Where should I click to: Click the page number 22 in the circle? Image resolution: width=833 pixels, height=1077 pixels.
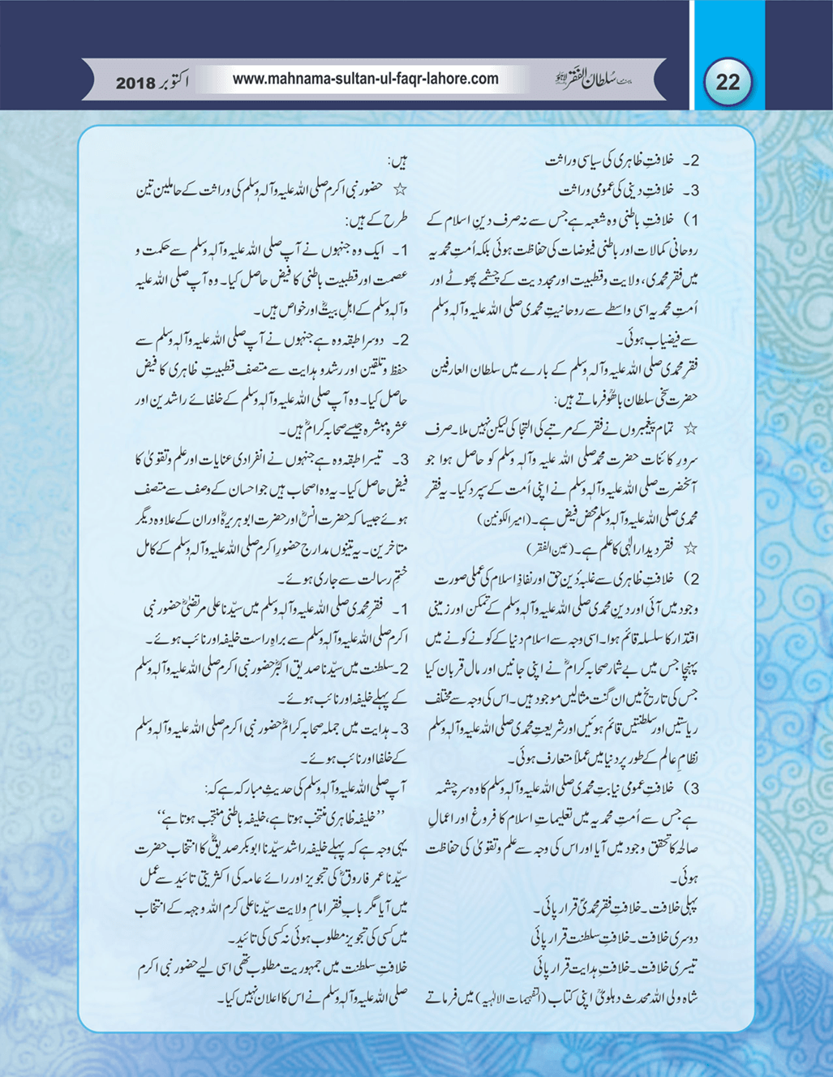point(728,82)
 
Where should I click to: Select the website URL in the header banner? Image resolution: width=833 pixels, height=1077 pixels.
point(365,79)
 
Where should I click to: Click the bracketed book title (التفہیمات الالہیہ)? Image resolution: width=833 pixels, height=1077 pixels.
point(517,998)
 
